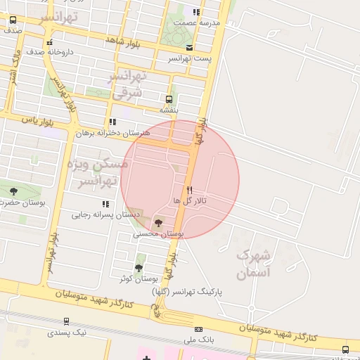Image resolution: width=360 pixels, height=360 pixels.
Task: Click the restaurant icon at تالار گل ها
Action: (x=189, y=190)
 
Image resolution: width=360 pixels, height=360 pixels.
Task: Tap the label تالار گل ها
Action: (x=187, y=201)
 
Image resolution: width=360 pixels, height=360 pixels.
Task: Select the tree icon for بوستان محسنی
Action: (x=157, y=223)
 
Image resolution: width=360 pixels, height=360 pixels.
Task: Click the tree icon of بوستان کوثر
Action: (x=138, y=268)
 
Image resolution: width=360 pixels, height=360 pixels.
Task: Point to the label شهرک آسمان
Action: (x=253, y=264)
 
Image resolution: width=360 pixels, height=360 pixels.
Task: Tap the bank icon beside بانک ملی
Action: (x=199, y=329)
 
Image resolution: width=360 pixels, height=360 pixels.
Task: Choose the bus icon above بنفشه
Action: (x=169, y=99)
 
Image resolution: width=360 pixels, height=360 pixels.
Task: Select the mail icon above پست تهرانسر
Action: (x=189, y=47)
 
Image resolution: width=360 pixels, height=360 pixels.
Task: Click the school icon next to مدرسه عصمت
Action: (x=197, y=12)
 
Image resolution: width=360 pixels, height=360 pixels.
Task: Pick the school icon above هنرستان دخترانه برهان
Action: (x=112, y=122)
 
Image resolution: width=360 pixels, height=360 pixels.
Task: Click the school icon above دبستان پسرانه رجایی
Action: (x=105, y=204)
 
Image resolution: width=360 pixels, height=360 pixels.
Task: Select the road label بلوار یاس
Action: (x=39, y=120)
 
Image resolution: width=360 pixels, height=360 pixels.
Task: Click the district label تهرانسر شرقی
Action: (x=129, y=84)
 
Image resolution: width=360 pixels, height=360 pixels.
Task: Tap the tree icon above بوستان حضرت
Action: (x=13, y=191)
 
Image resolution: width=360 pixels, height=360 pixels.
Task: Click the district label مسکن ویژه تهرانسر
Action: (x=98, y=173)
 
